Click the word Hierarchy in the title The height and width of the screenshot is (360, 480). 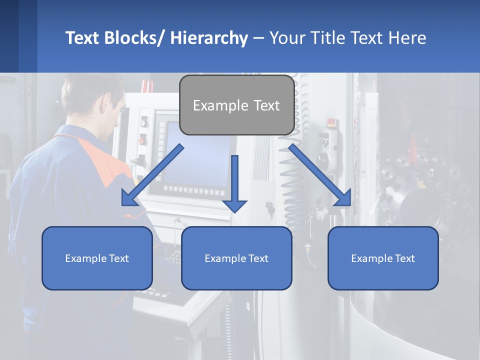(x=209, y=38)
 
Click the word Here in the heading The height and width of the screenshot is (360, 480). (x=407, y=38)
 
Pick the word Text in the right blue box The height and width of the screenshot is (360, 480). (x=404, y=258)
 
